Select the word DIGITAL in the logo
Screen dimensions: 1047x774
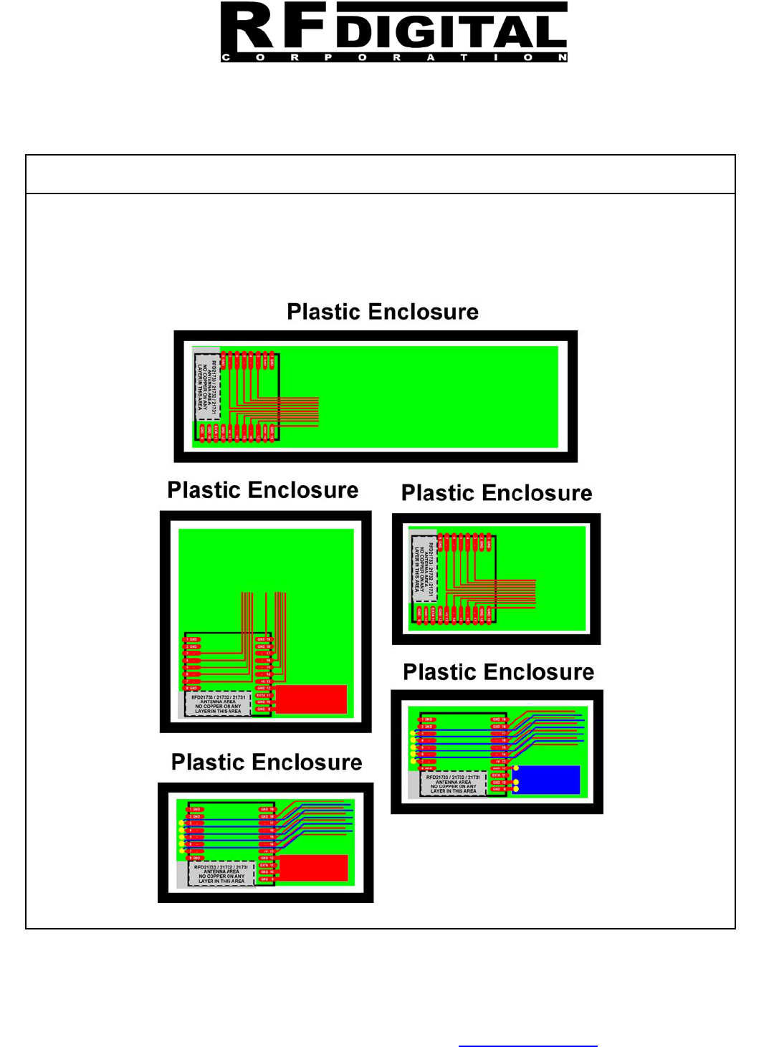coord(451,33)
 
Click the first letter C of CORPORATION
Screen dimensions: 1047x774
coord(226,57)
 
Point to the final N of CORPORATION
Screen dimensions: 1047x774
coord(563,57)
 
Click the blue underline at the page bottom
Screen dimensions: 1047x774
coord(527,1046)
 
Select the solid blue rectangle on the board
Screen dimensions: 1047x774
coord(546,780)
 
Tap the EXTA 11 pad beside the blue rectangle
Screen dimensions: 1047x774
coord(498,775)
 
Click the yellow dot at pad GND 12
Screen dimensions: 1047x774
coord(516,768)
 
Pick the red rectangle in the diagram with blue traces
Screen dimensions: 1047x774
coord(312,868)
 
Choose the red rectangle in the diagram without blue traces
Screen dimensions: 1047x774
coord(311,699)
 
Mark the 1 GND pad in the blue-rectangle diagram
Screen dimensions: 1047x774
coord(428,719)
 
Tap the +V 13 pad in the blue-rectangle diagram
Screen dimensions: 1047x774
coord(498,762)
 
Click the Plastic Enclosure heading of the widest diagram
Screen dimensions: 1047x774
coord(383,312)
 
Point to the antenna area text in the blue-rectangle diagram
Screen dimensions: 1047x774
coord(453,784)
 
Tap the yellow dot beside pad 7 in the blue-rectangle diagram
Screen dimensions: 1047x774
coord(413,761)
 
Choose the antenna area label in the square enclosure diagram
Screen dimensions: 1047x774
coord(218,704)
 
